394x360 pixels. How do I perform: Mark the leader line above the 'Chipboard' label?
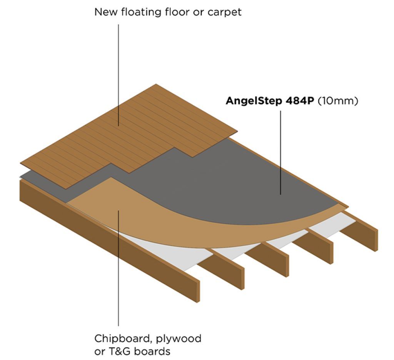click(118, 288)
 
